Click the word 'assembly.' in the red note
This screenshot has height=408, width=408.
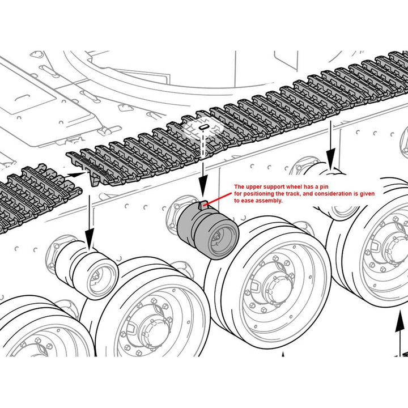[269, 201]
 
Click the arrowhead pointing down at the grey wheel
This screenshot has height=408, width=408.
[202, 193]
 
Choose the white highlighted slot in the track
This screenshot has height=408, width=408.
[202, 129]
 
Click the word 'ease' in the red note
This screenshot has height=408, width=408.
[246, 201]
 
